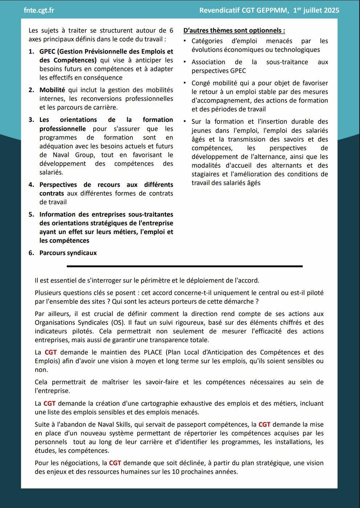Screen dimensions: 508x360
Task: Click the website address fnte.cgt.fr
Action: (39, 10)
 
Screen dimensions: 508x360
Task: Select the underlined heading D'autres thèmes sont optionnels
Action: (234, 30)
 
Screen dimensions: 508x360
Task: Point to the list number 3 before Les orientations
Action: (31, 120)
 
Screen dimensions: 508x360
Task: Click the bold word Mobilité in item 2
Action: (52, 90)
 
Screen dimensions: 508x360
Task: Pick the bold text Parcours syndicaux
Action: (68, 253)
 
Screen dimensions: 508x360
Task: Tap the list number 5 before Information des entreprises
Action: (31, 214)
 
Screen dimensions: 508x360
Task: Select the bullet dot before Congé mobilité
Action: (185, 83)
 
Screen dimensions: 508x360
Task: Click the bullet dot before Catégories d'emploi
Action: (185, 41)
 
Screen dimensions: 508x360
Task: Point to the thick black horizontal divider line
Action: (184, 266)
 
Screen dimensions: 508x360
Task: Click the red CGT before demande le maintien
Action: (50, 352)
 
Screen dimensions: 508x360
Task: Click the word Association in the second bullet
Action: (208, 62)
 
